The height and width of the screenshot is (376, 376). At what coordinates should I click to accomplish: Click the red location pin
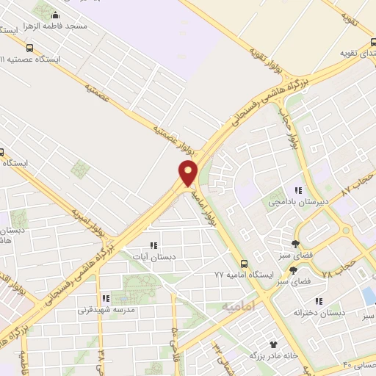pyautogui.click(x=189, y=173)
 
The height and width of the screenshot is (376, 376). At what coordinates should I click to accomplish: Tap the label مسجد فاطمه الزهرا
pyautogui.click(x=80, y=26)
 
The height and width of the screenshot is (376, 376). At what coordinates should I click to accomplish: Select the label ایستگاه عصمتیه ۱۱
pyautogui.click(x=34, y=57)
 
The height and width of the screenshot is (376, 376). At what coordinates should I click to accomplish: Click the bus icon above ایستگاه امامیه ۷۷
pyautogui.click(x=244, y=264)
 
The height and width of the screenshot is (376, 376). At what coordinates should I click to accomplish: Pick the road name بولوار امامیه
pyautogui.click(x=207, y=208)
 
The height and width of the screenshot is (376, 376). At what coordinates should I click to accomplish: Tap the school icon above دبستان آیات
pyautogui.click(x=153, y=245)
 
